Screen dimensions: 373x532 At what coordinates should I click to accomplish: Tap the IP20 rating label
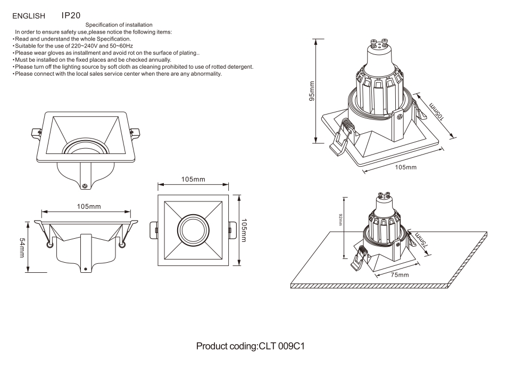click(71, 16)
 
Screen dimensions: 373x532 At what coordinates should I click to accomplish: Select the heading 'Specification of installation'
click(119, 25)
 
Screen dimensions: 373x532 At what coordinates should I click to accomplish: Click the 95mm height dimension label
click(312, 91)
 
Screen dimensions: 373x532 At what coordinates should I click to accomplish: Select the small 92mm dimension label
click(340, 219)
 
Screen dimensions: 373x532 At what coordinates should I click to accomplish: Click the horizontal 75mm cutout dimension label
click(400, 275)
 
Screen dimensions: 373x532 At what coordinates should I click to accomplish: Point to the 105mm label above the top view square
click(193, 179)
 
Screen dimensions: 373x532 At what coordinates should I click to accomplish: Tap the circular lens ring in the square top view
click(193, 230)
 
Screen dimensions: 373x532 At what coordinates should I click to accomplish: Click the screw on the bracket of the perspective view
click(85, 185)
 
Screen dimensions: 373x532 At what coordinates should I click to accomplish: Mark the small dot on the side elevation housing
click(85, 269)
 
